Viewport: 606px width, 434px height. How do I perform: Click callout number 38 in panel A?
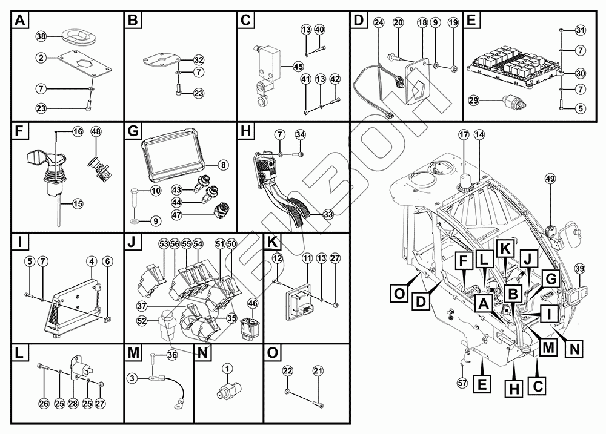pyautogui.click(x=41, y=36)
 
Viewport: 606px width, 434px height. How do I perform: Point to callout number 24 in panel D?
pyautogui.click(x=379, y=22)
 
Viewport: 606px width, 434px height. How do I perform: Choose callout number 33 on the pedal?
pyautogui.click(x=328, y=214)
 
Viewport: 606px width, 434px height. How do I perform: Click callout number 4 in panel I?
pyautogui.click(x=91, y=261)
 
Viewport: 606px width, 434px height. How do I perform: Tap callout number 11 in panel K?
pyautogui.click(x=307, y=258)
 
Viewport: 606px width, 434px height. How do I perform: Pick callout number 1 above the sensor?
pyautogui.click(x=227, y=367)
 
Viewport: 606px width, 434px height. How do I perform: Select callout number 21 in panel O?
pyautogui.click(x=318, y=370)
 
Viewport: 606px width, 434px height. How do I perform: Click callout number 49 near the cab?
pyautogui.click(x=550, y=179)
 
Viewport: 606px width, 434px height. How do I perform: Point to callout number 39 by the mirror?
pyautogui.click(x=579, y=269)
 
